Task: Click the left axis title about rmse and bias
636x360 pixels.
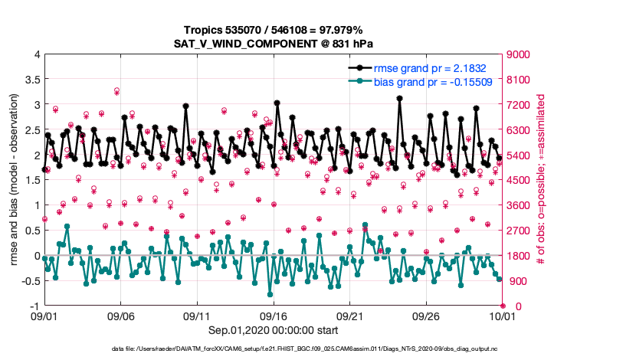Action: (x=14, y=181)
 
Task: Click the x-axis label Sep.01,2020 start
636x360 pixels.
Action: (x=273, y=331)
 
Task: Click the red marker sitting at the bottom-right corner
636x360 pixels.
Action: (x=503, y=306)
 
